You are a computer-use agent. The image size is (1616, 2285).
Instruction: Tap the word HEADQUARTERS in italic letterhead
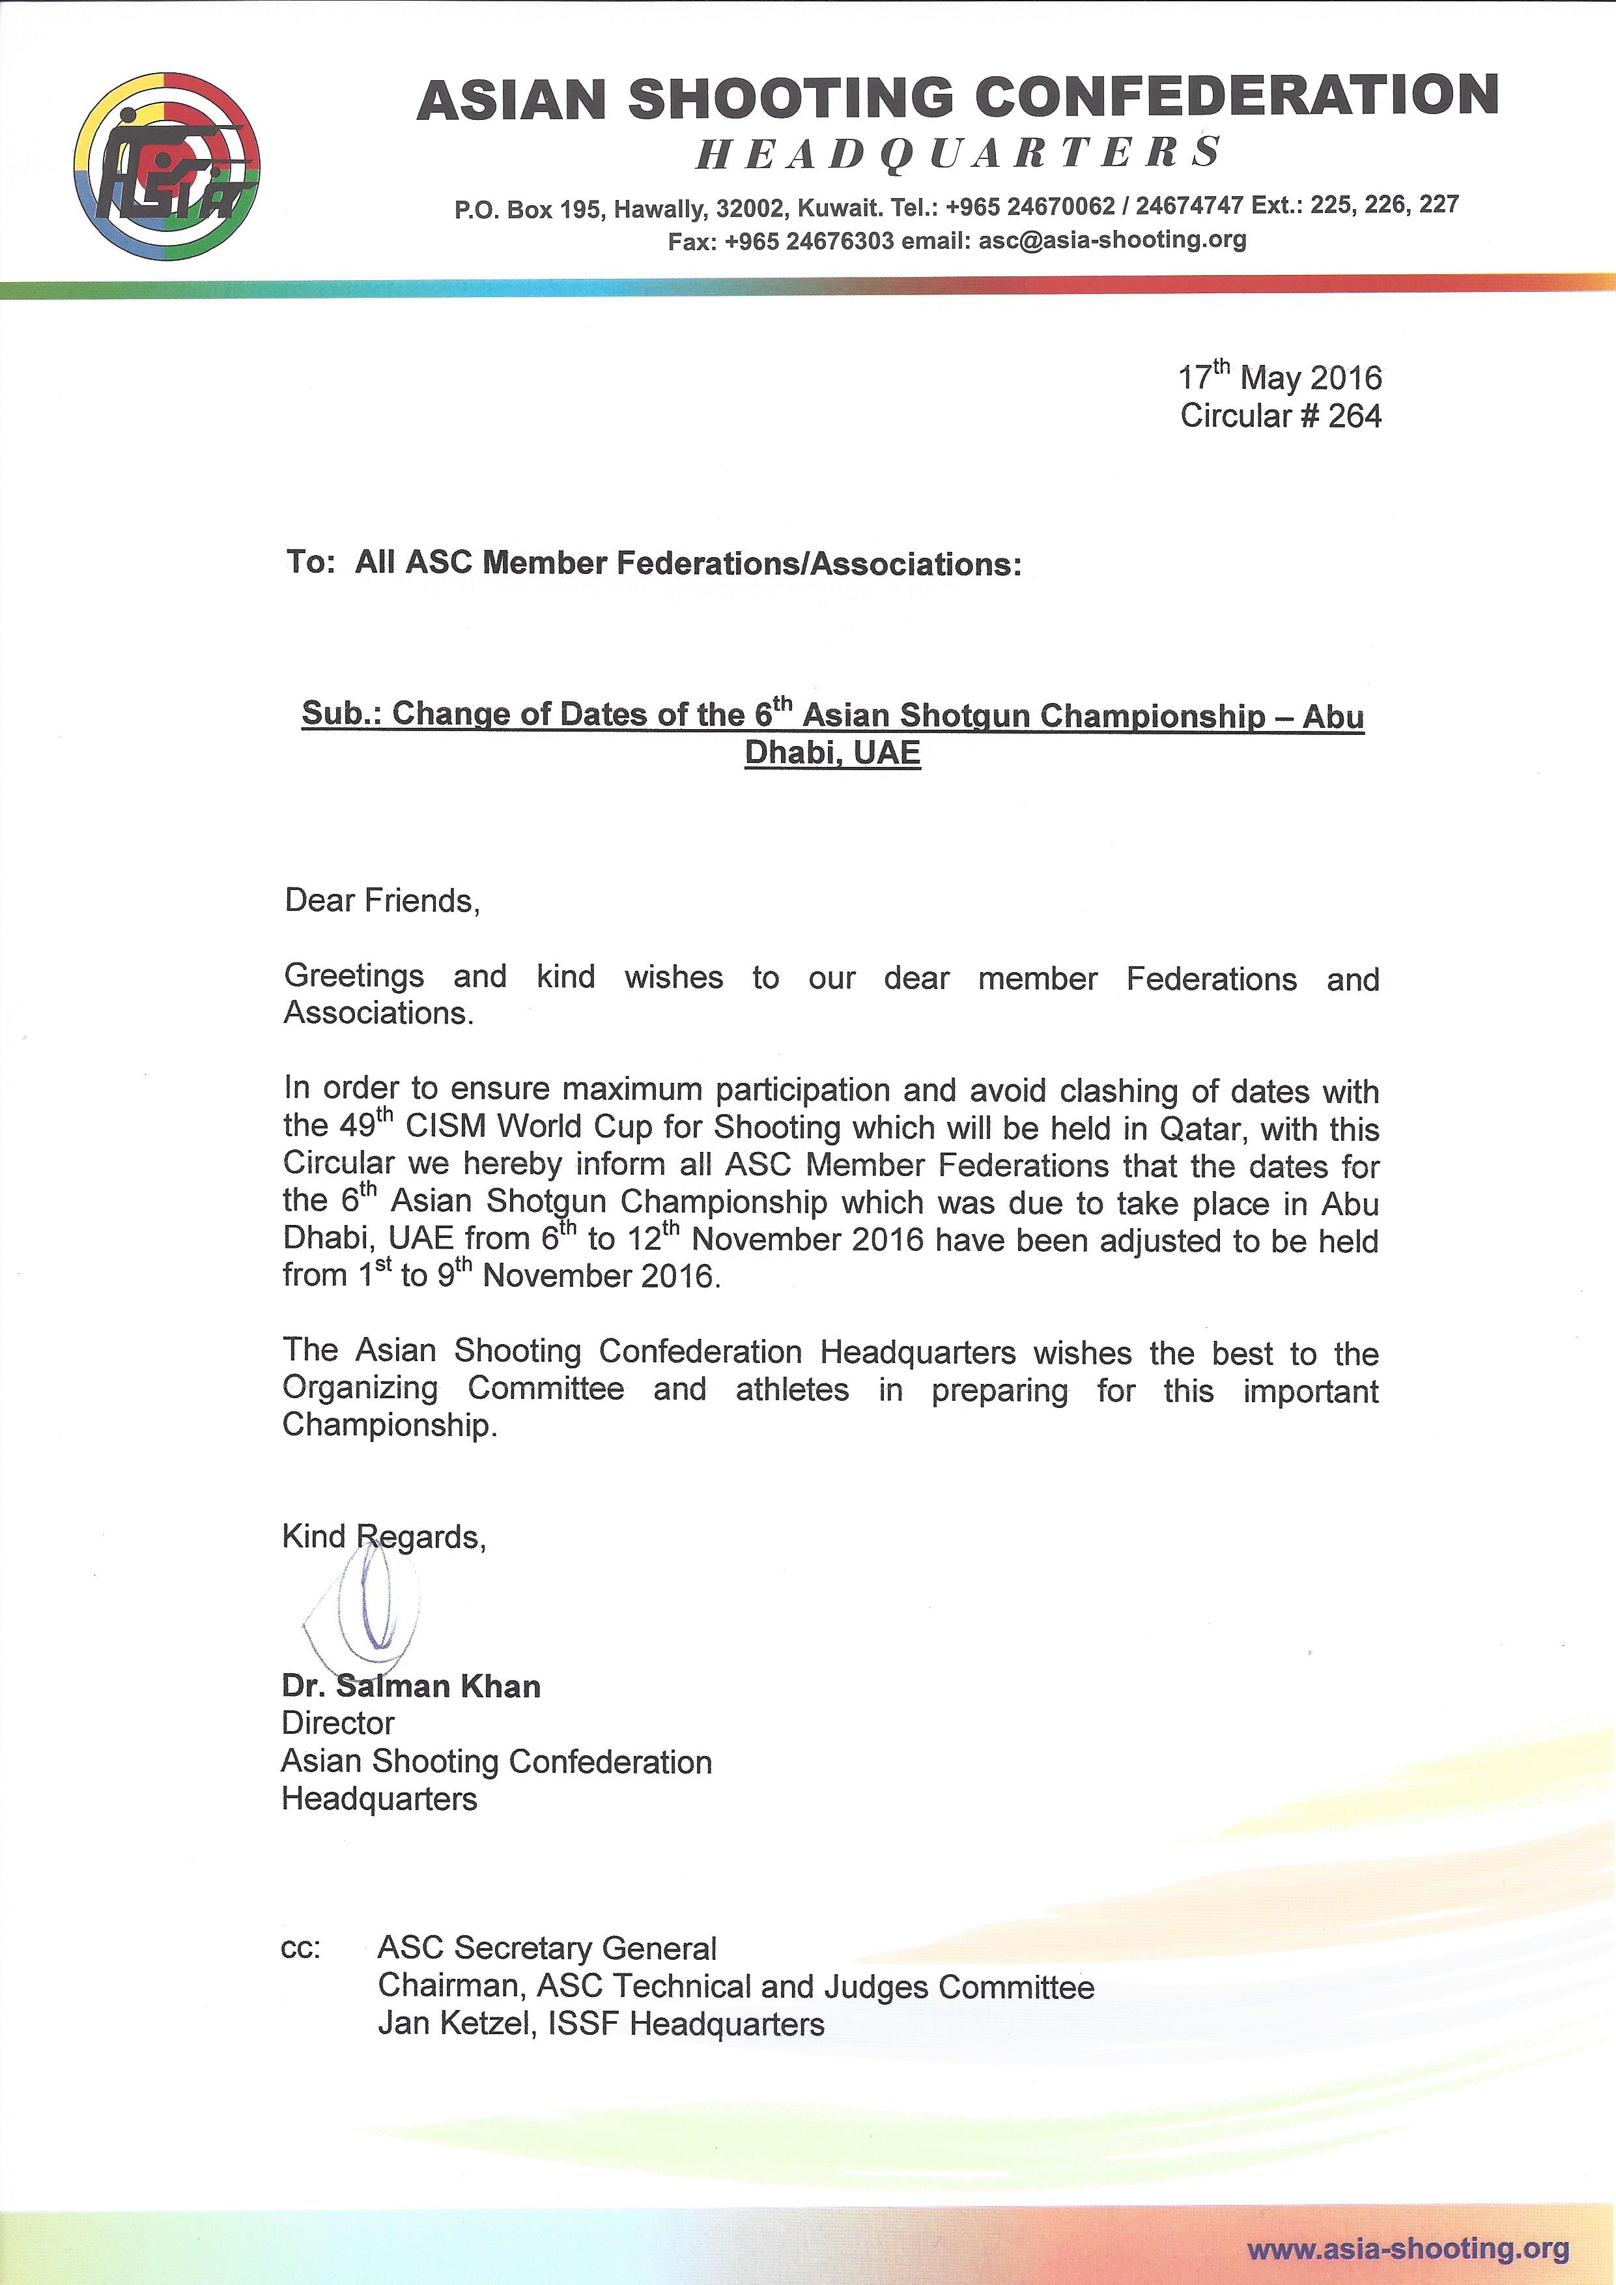coord(957,153)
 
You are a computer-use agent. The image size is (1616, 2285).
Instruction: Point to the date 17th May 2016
coord(1280,377)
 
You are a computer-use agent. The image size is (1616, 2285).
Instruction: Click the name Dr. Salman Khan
coord(411,1687)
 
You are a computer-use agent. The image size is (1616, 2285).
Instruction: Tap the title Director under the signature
coord(338,1724)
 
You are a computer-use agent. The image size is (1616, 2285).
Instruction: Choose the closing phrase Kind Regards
coord(384,1538)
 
